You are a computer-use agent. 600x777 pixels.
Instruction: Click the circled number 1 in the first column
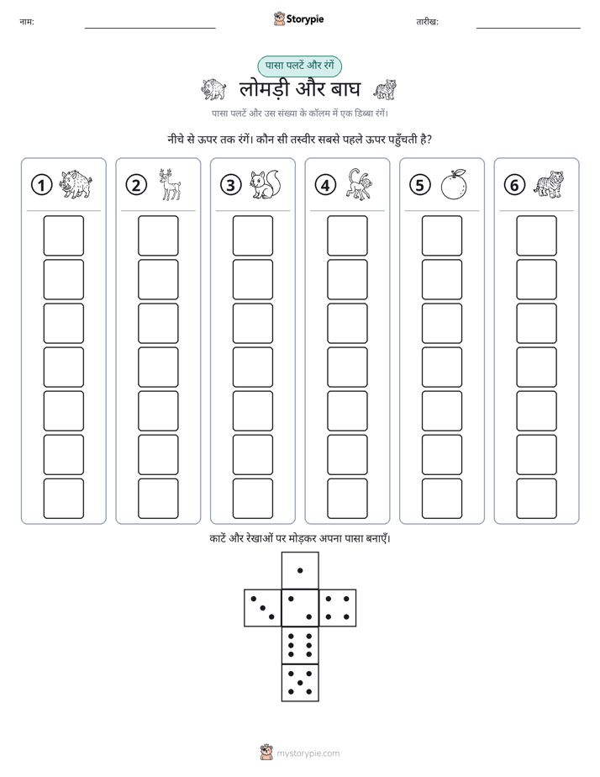click(41, 185)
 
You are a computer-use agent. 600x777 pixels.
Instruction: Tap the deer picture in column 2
click(170, 184)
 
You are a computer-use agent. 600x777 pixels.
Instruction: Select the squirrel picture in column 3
click(266, 185)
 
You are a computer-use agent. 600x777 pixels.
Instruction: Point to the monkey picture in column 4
click(360, 184)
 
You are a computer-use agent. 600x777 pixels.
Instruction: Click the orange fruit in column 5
click(454, 185)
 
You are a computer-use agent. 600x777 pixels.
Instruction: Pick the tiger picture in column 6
click(549, 184)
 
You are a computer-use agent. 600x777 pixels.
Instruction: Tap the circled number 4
click(325, 185)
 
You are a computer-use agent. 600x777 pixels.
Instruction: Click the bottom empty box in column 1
click(63, 499)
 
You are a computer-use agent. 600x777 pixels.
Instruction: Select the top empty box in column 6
click(537, 235)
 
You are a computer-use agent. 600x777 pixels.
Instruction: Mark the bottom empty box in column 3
click(252, 499)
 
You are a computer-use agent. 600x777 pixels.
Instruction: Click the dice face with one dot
click(300, 570)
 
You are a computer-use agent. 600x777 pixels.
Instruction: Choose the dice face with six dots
click(300, 645)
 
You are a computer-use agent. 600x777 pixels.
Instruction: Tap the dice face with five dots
click(300, 683)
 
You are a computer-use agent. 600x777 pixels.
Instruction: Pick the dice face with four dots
click(338, 608)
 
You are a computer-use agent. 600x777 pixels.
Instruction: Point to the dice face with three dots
click(263, 608)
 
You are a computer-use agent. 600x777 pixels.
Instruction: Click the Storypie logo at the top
click(298, 19)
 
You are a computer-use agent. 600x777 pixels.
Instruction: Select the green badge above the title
click(299, 66)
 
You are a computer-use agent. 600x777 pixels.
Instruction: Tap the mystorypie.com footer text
click(308, 753)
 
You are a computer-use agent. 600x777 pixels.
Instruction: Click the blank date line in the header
click(529, 29)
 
